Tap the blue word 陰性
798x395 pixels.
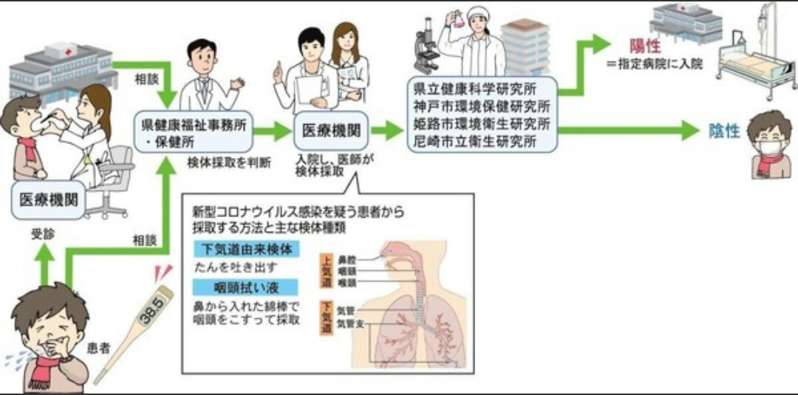tap(724, 131)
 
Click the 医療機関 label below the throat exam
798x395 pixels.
tap(48, 199)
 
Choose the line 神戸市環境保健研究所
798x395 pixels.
tap(482, 105)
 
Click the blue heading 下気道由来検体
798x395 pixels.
tap(246, 250)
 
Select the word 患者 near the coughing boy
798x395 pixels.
tap(99, 347)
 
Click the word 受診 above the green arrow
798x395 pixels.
tap(41, 235)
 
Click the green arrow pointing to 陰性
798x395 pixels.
tap(628, 131)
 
